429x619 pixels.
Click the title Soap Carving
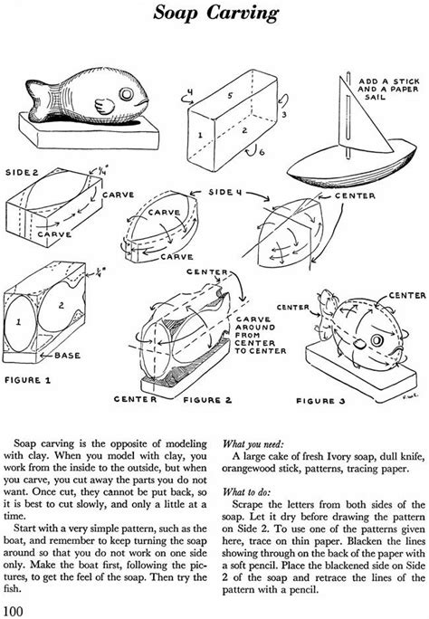(x=216, y=13)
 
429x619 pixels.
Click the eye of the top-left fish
(x=127, y=94)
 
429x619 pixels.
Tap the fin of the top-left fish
(x=104, y=106)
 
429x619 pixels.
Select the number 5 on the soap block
(x=229, y=96)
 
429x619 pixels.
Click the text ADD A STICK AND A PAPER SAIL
(x=389, y=89)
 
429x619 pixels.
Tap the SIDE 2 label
(x=23, y=173)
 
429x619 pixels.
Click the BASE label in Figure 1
(x=67, y=356)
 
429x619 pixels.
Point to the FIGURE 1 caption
(x=28, y=380)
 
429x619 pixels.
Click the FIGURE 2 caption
(x=207, y=400)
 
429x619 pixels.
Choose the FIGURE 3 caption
(x=321, y=401)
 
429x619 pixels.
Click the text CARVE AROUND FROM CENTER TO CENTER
(x=261, y=335)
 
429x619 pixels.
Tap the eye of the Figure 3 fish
(x=377, y=340)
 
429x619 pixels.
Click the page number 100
(x=13, y=611)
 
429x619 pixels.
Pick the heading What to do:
(x=247, y=492)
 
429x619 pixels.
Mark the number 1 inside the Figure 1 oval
(x=18, y=322)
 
